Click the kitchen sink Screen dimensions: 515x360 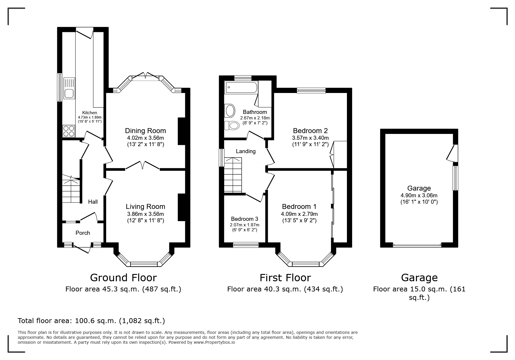69,89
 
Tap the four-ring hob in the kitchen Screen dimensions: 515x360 69,131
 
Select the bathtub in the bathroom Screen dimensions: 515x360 241,87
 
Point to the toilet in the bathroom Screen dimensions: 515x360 232,126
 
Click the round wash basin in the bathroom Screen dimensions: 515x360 230,110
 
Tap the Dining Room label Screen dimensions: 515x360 145,130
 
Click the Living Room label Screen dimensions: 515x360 145,206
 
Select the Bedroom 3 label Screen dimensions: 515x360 245,219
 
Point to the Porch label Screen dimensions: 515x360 83,233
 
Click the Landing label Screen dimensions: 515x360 246,151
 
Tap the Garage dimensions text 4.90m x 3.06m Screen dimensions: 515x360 419,196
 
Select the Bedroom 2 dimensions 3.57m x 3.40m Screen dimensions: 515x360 310,138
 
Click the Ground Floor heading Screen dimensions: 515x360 123,277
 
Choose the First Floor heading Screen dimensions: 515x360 285,277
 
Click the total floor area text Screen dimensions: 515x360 91,321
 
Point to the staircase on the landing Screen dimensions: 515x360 233,175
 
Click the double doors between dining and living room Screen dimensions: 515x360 142,165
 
